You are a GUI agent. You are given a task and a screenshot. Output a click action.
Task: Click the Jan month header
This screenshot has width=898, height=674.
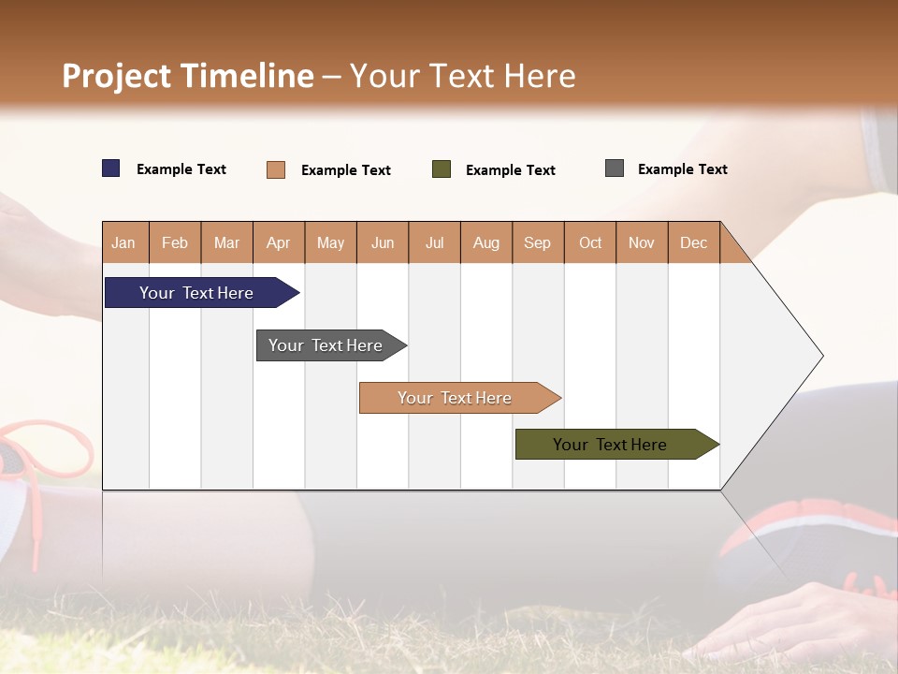pos(123,242)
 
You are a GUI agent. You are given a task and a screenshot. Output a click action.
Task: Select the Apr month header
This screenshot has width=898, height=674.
pos(278,242)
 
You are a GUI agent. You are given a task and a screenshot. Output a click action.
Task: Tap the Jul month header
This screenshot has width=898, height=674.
pos(434,242)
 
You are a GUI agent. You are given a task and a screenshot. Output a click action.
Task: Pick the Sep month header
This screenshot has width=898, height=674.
pos(537,242)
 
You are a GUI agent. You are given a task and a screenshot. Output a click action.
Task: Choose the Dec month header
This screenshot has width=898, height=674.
pos(693,242)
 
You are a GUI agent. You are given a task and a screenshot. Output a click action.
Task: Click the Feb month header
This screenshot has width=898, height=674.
pos(175,242)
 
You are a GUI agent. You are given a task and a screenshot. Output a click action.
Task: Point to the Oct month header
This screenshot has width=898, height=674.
pos(590,242)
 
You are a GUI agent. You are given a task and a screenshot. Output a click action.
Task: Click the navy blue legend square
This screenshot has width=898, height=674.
pos(111,168)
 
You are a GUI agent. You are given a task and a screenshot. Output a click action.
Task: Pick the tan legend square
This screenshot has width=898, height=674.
pos(276,169)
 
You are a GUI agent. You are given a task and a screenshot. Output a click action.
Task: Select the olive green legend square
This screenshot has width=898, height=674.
pos(442,169)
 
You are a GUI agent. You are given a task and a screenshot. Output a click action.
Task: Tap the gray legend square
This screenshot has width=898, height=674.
pos(615,168)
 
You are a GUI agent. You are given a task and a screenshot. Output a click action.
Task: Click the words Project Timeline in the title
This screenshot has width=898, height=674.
pos(188,76)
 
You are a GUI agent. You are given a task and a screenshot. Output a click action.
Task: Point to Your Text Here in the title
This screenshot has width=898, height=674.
pos(462,76)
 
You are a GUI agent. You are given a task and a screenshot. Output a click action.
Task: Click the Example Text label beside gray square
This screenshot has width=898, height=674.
pos(682,169)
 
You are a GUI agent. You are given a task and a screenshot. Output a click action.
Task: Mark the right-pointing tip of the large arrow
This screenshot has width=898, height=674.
pos(821,356)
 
